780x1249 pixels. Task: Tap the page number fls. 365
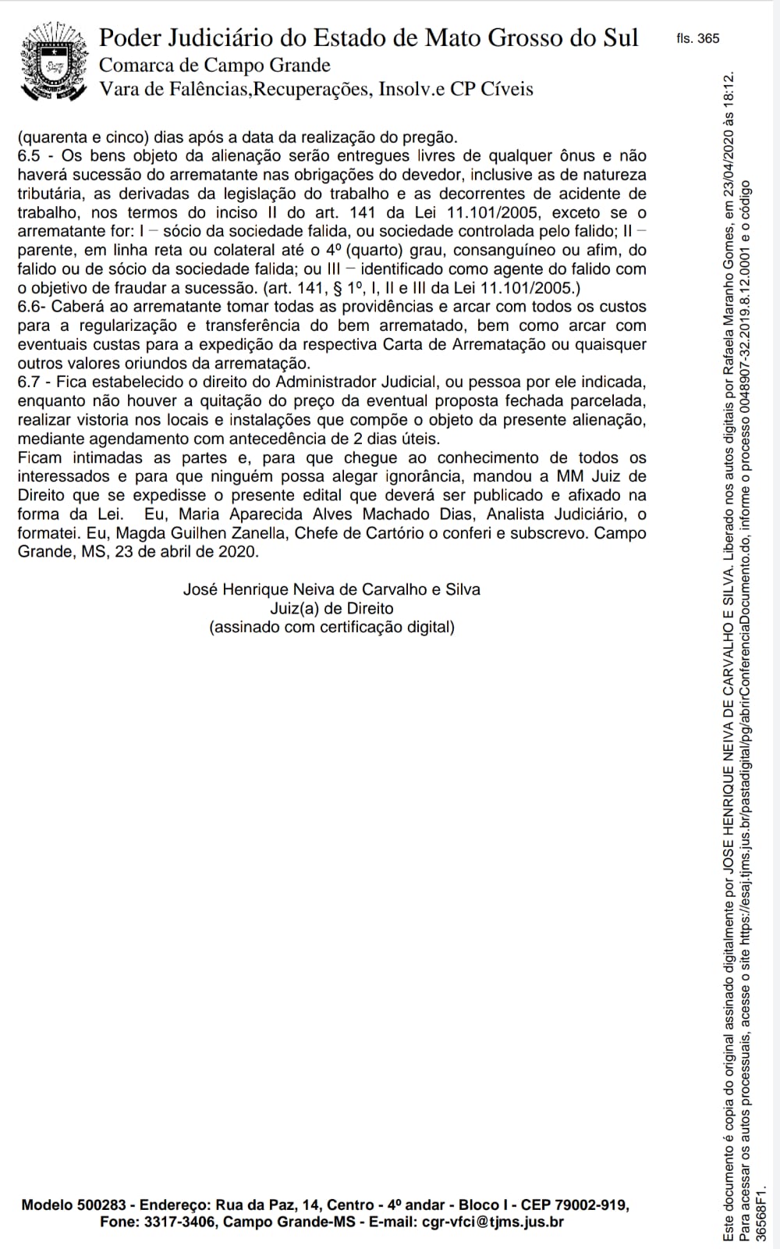[698, 38]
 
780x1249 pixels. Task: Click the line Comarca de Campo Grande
[214, 65]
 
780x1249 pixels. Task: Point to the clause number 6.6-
[32, 307]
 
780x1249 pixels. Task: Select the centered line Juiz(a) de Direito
[331, 608]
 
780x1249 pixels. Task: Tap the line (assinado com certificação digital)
[331, 627]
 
